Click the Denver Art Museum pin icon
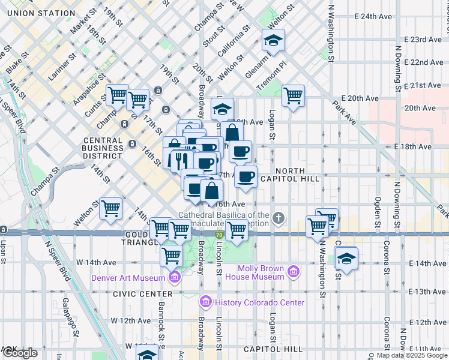pyautogui.click(x=174, y=277)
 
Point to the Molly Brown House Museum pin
pyautogui.click(x=293, y=272)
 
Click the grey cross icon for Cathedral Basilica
pyautogui.click(x=278, y=218)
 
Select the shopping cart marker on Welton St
pyautogui.click(x=110, y=209)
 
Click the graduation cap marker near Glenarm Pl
pyautogui.click(x=273, y=40)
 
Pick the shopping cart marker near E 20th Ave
pyautogui.click(x=293, y=95)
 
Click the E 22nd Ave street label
pyautogui.click(x=424, y=62)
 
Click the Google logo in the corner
pyautogui.click(x=20, y=353)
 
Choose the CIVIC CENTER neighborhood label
pyautogui.click(x=134, y=294)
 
